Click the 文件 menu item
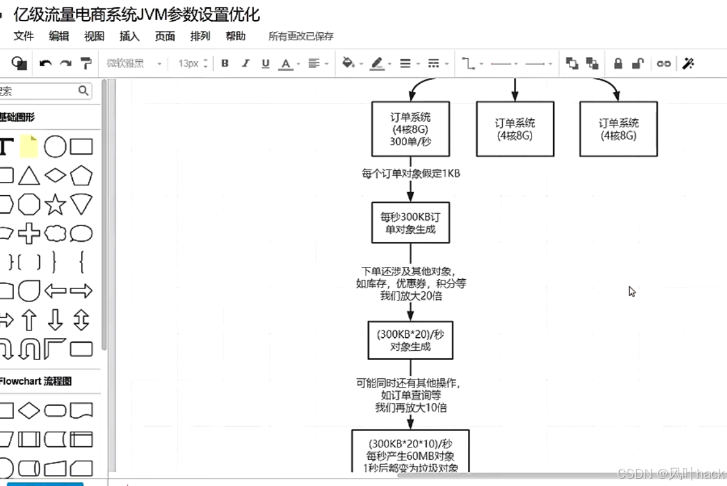pyautogui.click(x=23, y=36)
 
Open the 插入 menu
pyautogui.click(x=129, y=36)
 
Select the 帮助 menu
pyautogui.click(x=235, y=36)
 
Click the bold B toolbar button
pyautogui.click(x=225, y=63)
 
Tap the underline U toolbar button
pyautogui.click(x=265, y=63)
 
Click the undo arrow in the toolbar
pyautogui.click(x=45, y=63)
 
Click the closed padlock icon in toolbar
pyautogui.click(x=618, y=63)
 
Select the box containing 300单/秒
pyautogui.click(x=410, y=129)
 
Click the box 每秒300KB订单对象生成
pyautogui.click(x=410, y=223)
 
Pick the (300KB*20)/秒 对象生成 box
pyautogui.click(x=410, y=340)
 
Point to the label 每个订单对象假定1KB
pyautogui.click(x=410, y=173)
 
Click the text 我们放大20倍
pyautogui.click(x=410, y=296)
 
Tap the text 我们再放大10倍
pyautogui.click(x=410, y=408)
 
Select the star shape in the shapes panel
pyautogui.click(x=55, y=204)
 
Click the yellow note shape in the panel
pyautogui.click(x=29, y=147)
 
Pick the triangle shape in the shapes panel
pyautogui.click(x=29, y=176)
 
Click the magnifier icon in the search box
pyautogui.click(x=83, y=91)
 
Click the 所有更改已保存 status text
pyautogui.click(x=301, y=36)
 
